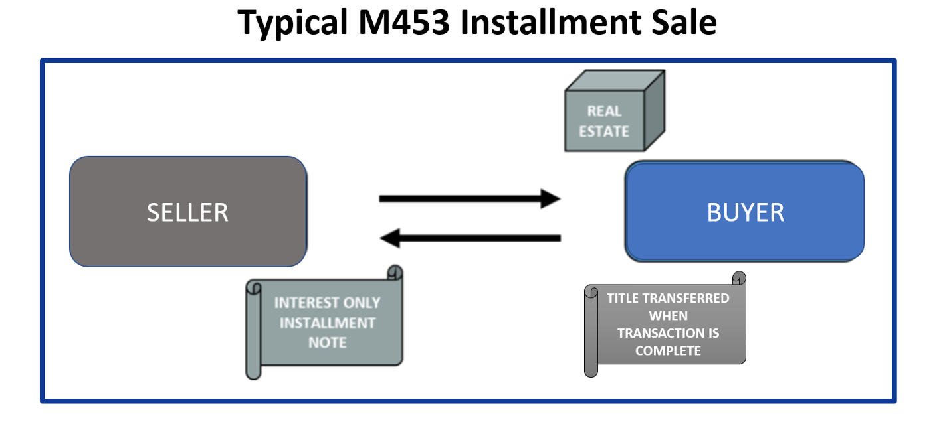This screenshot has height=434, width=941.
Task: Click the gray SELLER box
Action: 188,212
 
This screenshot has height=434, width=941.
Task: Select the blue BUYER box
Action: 745,212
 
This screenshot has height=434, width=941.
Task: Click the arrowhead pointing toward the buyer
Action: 550,198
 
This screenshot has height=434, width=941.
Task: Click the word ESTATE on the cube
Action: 603,131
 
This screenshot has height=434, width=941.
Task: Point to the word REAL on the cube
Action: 603,111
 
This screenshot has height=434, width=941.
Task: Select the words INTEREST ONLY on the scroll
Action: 327,303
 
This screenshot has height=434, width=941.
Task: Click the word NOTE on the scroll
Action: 327,343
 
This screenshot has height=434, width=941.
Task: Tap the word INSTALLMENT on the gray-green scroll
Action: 327,323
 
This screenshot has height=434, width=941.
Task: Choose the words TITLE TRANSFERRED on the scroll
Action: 668,298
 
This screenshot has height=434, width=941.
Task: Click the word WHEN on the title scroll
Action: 668,316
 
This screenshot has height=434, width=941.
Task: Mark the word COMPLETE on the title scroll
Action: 668,351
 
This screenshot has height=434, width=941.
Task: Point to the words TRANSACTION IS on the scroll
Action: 668,333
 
